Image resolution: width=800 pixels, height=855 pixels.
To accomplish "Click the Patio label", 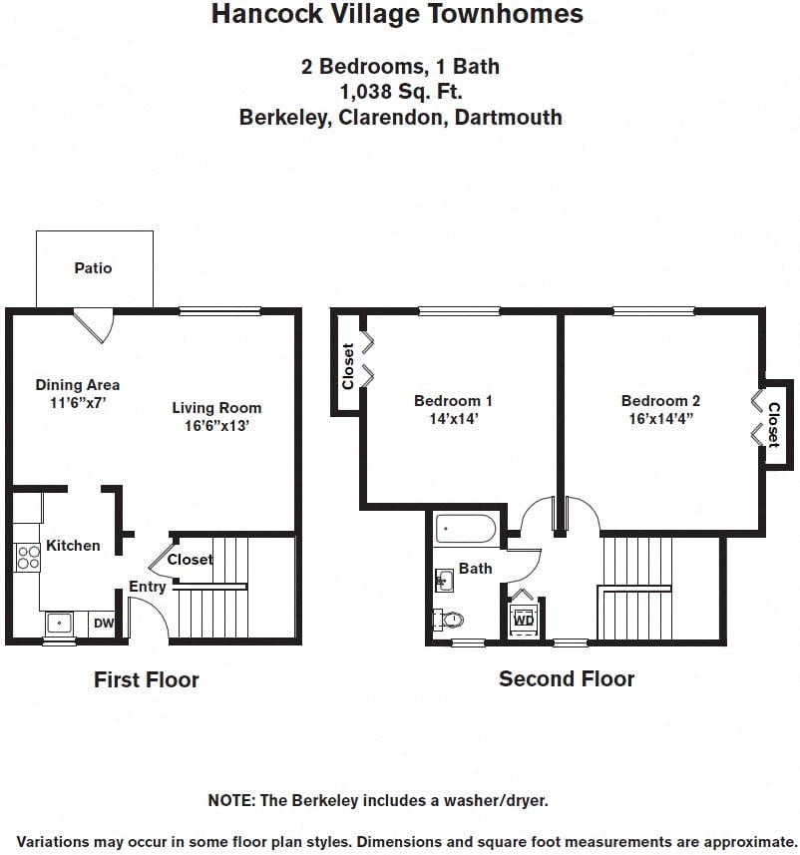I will (x=93, y=267).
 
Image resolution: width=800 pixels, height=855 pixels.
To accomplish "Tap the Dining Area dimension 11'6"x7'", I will (x=78, y=402).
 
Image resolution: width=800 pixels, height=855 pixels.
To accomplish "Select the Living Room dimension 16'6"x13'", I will (x=216, y=425).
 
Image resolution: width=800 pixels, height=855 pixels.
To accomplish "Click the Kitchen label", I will (x=73, y=545).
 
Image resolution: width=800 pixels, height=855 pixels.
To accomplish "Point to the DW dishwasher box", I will (x=104, y=624).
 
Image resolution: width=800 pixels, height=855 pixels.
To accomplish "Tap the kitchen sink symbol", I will (x=61, y=624).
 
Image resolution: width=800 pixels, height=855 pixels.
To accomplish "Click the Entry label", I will (x=148, y=587).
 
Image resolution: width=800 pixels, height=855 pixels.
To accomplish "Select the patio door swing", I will (x=95, y=325).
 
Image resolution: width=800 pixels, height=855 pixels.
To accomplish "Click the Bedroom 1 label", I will (x=453, y=401).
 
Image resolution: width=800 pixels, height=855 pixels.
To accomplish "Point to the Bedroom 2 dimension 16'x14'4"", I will (x=660, y=419).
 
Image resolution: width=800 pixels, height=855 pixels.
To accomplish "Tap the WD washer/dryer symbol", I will (x=523, y=618).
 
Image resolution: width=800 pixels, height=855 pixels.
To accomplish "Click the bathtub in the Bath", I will (x=466, y=529).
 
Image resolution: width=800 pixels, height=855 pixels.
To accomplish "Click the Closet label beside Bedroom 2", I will (x=774, y=424).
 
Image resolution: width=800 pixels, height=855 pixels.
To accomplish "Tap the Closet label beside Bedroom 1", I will (x=348, y=366).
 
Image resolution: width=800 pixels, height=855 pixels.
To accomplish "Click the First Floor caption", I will (x=147, y=680).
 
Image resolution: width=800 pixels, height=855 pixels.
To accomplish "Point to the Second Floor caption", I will (x=567, y=678).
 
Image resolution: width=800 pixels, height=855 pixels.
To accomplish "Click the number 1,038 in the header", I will (x=366, y=93).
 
